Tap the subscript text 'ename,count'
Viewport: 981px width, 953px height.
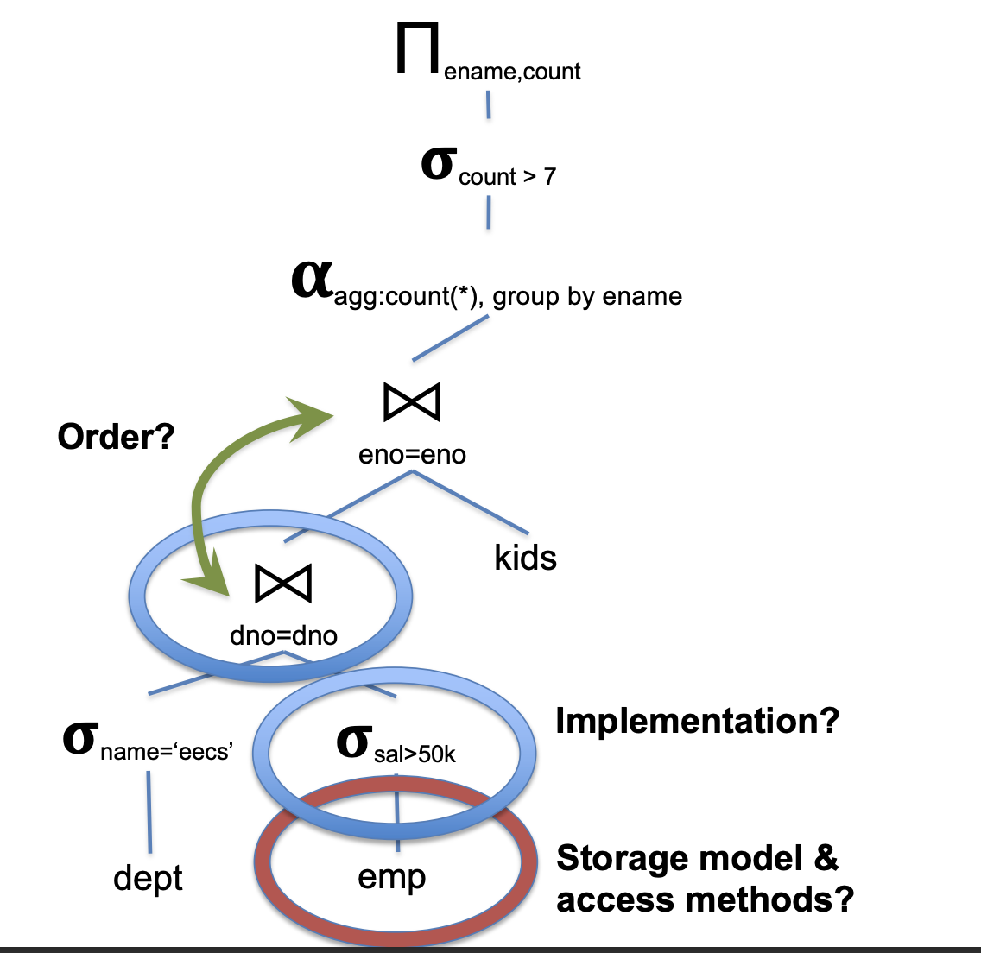512,72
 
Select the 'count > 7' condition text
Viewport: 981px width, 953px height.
507,177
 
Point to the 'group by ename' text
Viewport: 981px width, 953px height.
587,296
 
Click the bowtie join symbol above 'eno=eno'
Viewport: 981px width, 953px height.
412,401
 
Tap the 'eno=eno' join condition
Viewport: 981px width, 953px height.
412,454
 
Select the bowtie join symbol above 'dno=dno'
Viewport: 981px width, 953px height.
283,584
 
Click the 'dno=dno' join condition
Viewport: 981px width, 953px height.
283,636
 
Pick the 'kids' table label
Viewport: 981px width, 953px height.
525,558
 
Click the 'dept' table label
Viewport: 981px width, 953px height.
148,879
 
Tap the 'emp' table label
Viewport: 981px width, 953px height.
391,877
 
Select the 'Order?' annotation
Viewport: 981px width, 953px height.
116,437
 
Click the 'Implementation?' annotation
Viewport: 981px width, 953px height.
697,721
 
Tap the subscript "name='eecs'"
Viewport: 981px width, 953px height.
167,752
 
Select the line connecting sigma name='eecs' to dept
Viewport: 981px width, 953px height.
149,811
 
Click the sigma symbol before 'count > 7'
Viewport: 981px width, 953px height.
437,163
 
